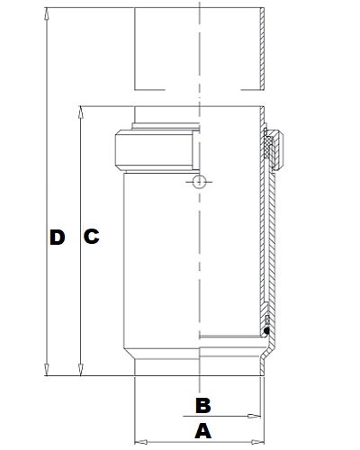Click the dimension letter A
203,431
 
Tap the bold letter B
203,405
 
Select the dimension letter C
92,236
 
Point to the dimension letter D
58,237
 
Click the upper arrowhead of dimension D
46,13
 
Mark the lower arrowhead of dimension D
46,369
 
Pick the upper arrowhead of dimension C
80,112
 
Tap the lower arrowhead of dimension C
80,369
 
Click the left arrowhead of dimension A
140,442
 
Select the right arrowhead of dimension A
257,442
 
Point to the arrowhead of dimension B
254,416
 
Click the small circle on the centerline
199,182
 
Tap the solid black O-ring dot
265,330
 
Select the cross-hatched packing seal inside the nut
268,148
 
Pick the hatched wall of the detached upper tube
262,49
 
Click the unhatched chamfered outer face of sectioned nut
280,149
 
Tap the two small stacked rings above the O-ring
267,320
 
